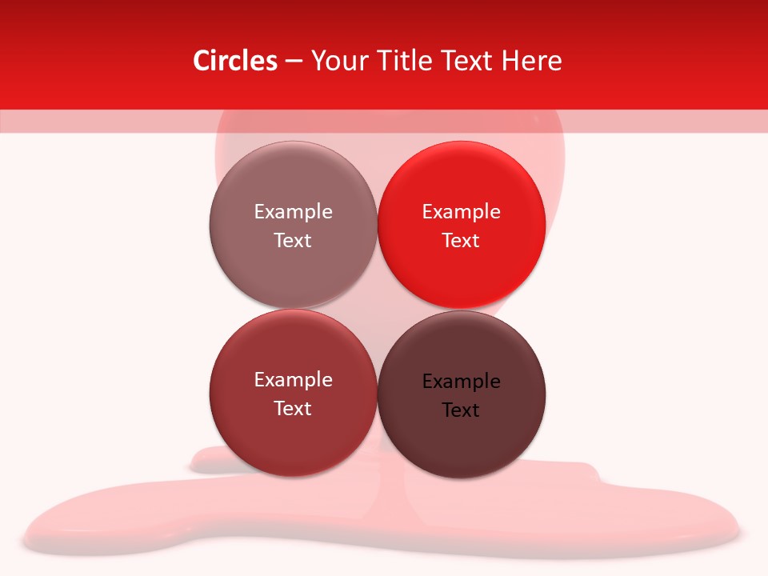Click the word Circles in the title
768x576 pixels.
click(x=235, y=61)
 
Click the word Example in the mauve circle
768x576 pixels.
click(x=293, y=212)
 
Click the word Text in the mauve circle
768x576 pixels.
click(x=293, y=241)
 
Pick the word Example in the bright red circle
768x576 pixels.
click(x=461, y=212)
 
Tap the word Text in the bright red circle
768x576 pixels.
click(x=461, y=241)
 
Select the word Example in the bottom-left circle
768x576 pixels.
click(x=293, y=380)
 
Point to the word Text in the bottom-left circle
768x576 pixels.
click(x=293, y=409)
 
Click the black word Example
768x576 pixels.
click(x=461, y=382)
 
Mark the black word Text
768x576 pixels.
click(x=461, y=410)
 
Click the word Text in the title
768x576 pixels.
click(x=467, y=61)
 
